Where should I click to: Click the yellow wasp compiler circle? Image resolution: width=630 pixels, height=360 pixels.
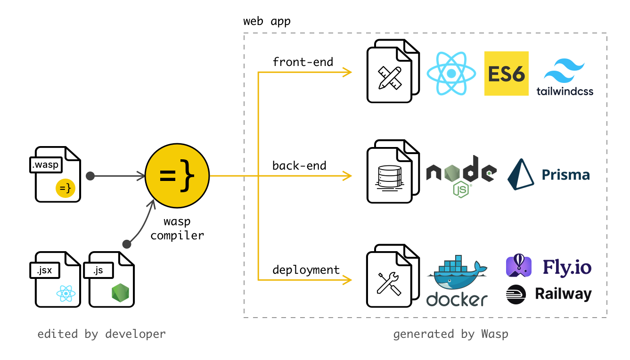177,176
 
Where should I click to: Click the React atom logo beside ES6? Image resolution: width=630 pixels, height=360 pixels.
451,74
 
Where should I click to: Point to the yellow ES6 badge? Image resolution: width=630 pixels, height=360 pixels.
507,74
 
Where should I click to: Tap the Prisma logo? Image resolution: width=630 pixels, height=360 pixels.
548,175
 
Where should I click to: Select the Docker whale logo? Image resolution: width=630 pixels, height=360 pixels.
457,282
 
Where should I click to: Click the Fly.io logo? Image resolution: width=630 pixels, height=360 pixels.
548,267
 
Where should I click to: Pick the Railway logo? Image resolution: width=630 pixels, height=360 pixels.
548,294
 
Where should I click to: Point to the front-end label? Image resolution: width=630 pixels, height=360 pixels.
303,62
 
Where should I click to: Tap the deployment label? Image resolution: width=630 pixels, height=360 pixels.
306,270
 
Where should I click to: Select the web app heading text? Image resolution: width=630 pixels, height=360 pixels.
267,21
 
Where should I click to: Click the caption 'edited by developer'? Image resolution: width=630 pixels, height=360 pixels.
102,334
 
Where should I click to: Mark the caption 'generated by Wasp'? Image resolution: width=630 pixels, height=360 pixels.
450,334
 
